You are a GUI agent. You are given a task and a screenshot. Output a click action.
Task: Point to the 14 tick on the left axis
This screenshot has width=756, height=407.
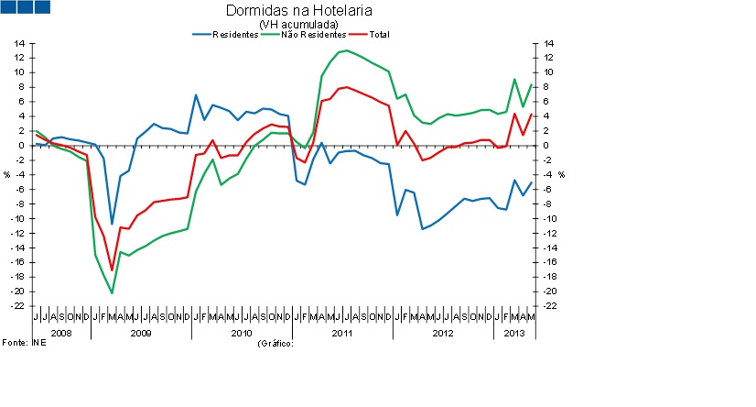(18, 43)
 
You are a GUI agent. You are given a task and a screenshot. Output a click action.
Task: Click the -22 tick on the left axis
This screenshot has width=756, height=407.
(17, 306)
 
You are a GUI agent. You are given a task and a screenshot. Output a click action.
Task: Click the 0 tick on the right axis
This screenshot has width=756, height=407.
(547, 146)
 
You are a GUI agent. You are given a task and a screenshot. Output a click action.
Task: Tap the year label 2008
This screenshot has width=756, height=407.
(60, 332)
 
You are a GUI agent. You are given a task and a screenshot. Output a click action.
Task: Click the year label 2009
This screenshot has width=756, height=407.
(141, 332)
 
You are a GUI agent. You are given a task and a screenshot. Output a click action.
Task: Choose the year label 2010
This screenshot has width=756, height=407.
(242, 332)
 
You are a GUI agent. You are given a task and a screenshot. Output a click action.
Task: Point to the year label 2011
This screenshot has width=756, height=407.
(342, 332)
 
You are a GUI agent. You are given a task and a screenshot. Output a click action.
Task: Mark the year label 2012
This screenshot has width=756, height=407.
(443, 332)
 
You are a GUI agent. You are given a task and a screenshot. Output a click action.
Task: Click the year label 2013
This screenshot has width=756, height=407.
(514, 332)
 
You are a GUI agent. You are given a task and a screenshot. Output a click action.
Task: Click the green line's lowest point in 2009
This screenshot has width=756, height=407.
(112, 293)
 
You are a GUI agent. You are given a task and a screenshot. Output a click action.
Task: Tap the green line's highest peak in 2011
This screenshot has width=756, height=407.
(345, 50)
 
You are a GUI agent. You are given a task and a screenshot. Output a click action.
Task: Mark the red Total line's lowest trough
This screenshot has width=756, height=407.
(112, 270)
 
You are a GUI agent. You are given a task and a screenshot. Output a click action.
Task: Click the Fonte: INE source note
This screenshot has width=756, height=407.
(23, 342)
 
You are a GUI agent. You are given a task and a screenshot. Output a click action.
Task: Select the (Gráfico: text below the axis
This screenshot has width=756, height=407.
(275, 342)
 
